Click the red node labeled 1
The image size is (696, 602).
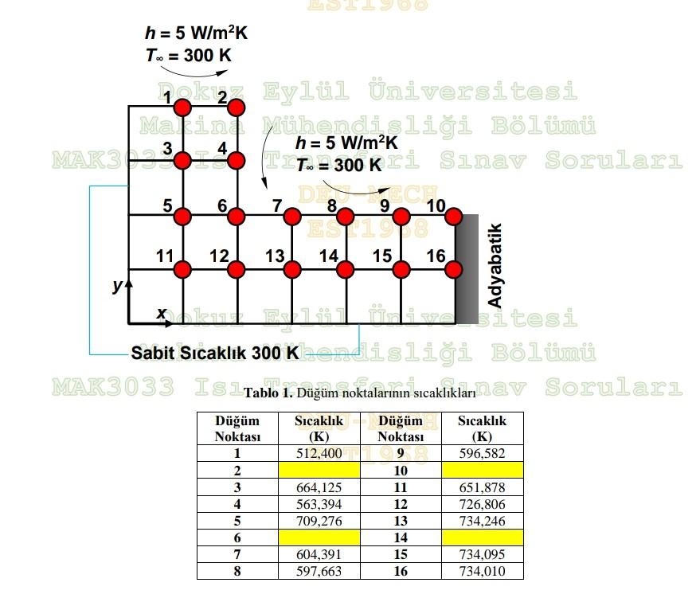(x=182, y=107)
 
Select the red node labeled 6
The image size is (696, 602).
(x=237, y=216)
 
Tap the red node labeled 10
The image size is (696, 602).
(x=454, y=216)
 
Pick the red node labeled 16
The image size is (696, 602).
(x=454, y=269)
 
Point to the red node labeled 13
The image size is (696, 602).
(x=291, y=269)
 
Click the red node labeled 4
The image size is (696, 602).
(x=237, y=161)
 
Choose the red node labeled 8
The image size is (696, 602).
(x=345, y=216)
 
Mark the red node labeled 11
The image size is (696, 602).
(x=182, y=269)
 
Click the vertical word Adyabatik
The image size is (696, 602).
(x=495, y=266)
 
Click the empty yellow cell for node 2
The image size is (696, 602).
(x=319, y=470)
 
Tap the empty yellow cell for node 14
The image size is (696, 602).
(x=482, y=537)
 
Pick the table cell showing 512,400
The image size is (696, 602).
(x=319, y=453)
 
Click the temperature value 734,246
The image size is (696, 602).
(x=482, y=521)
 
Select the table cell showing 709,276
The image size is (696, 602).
(x=319, y=521)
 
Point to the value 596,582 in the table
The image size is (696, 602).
(x=482, y=453)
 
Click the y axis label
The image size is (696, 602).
(x=116, y=284)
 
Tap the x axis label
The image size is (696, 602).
(x=161, y=313)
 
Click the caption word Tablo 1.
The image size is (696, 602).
(x=268, y=393)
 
